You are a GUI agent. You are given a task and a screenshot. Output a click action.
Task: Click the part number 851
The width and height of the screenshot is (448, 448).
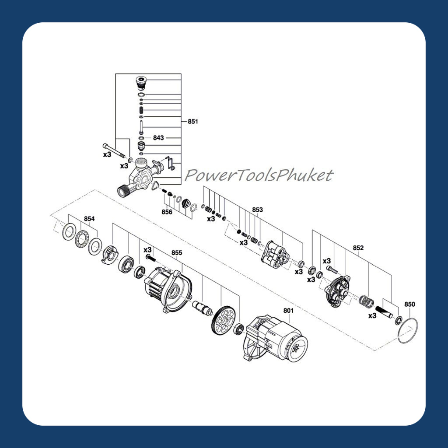click(193, 122)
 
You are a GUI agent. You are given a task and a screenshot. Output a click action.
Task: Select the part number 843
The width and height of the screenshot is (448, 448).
click(158, 138)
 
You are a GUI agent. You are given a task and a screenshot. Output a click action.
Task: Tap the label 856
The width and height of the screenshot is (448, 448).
click(167, 212)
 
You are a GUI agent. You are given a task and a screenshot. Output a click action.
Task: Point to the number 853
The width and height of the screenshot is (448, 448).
click(257, 210)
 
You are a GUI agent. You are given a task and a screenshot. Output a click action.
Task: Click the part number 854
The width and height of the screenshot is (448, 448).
click(89, 219)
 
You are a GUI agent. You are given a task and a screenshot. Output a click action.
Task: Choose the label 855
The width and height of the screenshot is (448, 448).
click(177, 252)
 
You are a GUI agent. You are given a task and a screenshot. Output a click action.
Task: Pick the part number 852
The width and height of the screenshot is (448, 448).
click(358, 248)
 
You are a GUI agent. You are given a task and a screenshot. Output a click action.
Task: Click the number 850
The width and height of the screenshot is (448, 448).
click(409, 304)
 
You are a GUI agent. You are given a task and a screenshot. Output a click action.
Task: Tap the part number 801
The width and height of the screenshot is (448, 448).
click(288, 310)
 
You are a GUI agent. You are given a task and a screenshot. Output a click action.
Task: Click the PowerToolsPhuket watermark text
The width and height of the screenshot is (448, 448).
click(259, 175)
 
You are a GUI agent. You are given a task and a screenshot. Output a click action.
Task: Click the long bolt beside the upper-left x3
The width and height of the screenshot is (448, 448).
click(114, 150)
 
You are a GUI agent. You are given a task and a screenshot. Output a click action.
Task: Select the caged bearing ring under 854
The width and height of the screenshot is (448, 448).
click(82, 239)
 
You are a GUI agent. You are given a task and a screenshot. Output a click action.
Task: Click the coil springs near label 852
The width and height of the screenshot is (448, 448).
click(366, 302)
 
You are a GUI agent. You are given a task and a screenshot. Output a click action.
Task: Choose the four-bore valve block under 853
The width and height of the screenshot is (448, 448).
click(275, 255)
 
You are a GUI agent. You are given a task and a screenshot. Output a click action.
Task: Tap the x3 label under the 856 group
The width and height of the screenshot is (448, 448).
click(211, 219)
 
